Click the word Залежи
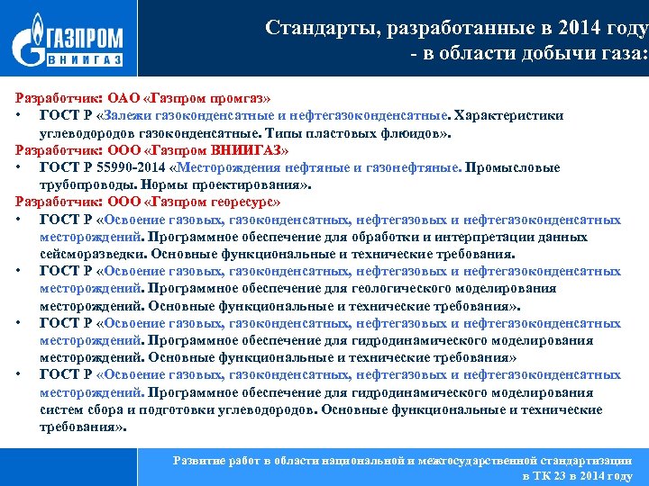point(132,115)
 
